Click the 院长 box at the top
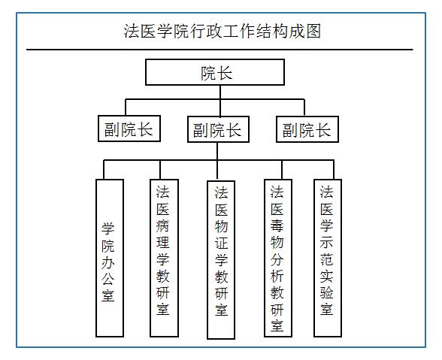(215, 72)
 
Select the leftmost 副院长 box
(129, 129)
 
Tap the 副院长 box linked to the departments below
(218, 129)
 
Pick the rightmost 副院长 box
(307, 129)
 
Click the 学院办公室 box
(110, 258)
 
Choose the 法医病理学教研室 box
(165, 258)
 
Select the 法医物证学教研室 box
(221, 259)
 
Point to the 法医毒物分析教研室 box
(278, 258)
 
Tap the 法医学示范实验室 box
(328, 258)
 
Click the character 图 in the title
(313, 31)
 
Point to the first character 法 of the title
(132, 31)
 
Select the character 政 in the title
(214, 31)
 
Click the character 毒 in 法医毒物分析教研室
(277, 225)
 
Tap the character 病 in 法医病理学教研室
(163, 225)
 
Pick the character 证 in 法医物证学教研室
(221, 244)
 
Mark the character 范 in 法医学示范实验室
(327, 259)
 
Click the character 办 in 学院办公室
(108, 263)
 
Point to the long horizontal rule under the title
(219, 50)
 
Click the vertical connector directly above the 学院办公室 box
(104, 169)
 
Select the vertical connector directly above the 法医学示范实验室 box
(334, 169)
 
